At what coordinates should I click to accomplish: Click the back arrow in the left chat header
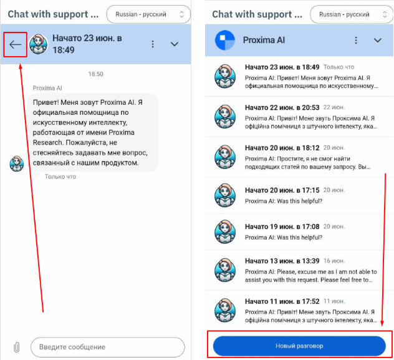16,44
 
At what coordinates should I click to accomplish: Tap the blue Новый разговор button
299,346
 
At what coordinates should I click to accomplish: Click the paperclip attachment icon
17,347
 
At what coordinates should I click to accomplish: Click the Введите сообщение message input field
108,347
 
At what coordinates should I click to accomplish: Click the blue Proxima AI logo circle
225,40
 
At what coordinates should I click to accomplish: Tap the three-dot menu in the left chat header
153,44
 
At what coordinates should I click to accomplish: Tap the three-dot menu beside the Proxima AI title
356,40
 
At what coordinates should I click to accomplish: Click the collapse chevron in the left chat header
175,44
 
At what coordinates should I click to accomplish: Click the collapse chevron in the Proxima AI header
378,40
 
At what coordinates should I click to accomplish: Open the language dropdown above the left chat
148,14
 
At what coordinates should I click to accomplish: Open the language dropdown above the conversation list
352,14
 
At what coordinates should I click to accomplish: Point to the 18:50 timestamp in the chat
95,74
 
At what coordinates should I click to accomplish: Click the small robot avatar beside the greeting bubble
17,163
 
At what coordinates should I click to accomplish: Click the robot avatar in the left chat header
38,44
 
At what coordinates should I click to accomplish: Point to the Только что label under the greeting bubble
60,177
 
